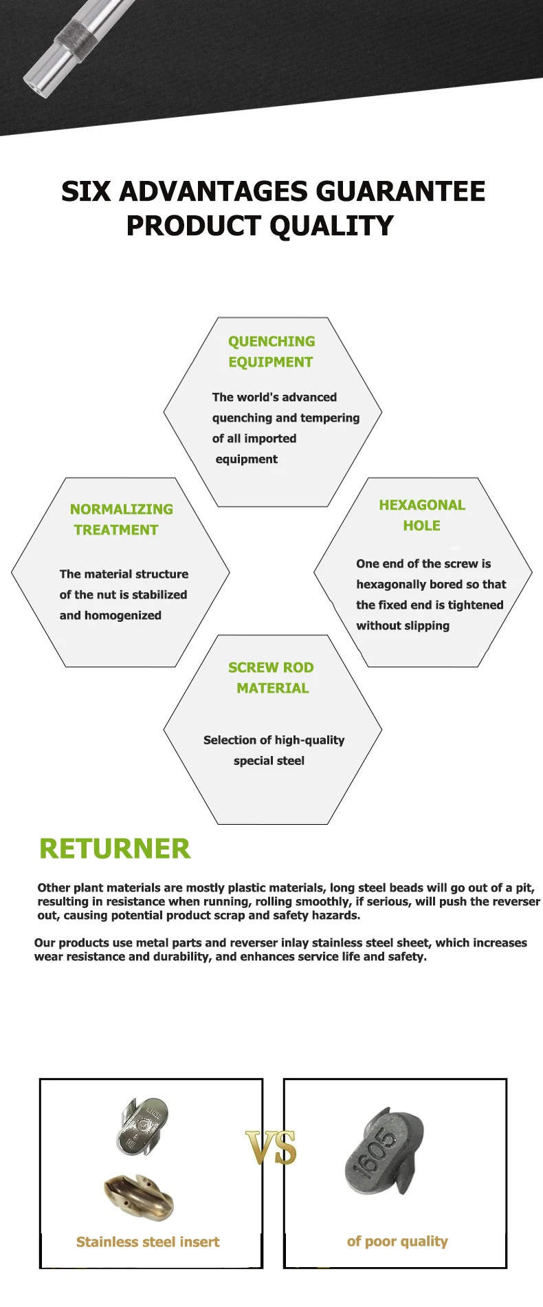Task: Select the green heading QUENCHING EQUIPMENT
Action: click(271, 352)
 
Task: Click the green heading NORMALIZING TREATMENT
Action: click(121, 519)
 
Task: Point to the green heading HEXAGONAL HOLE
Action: click(422, 515)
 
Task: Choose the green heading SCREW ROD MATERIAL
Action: click(271, 678)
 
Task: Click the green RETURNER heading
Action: click(115, 849)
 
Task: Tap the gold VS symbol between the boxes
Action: click(271, 1147)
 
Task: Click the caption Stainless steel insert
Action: click(148, 1242)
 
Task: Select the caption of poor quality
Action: click(397, 1241)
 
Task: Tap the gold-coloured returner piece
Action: click(140, 1197)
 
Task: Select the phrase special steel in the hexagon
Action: click(269, 761)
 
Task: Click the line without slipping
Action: click(403, 626)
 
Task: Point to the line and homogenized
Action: click(111, 616)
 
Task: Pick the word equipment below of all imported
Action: click(247, 460)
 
